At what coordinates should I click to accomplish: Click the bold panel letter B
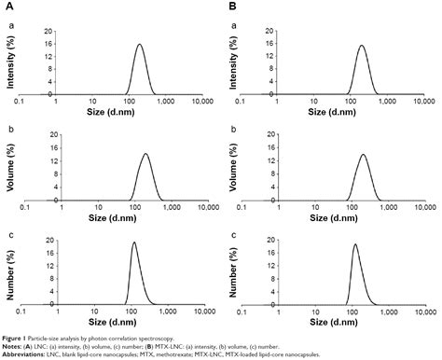click(232, 7)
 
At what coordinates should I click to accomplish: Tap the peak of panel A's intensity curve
click(139, 44)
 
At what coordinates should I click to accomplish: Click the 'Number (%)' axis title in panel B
click(234, 271)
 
